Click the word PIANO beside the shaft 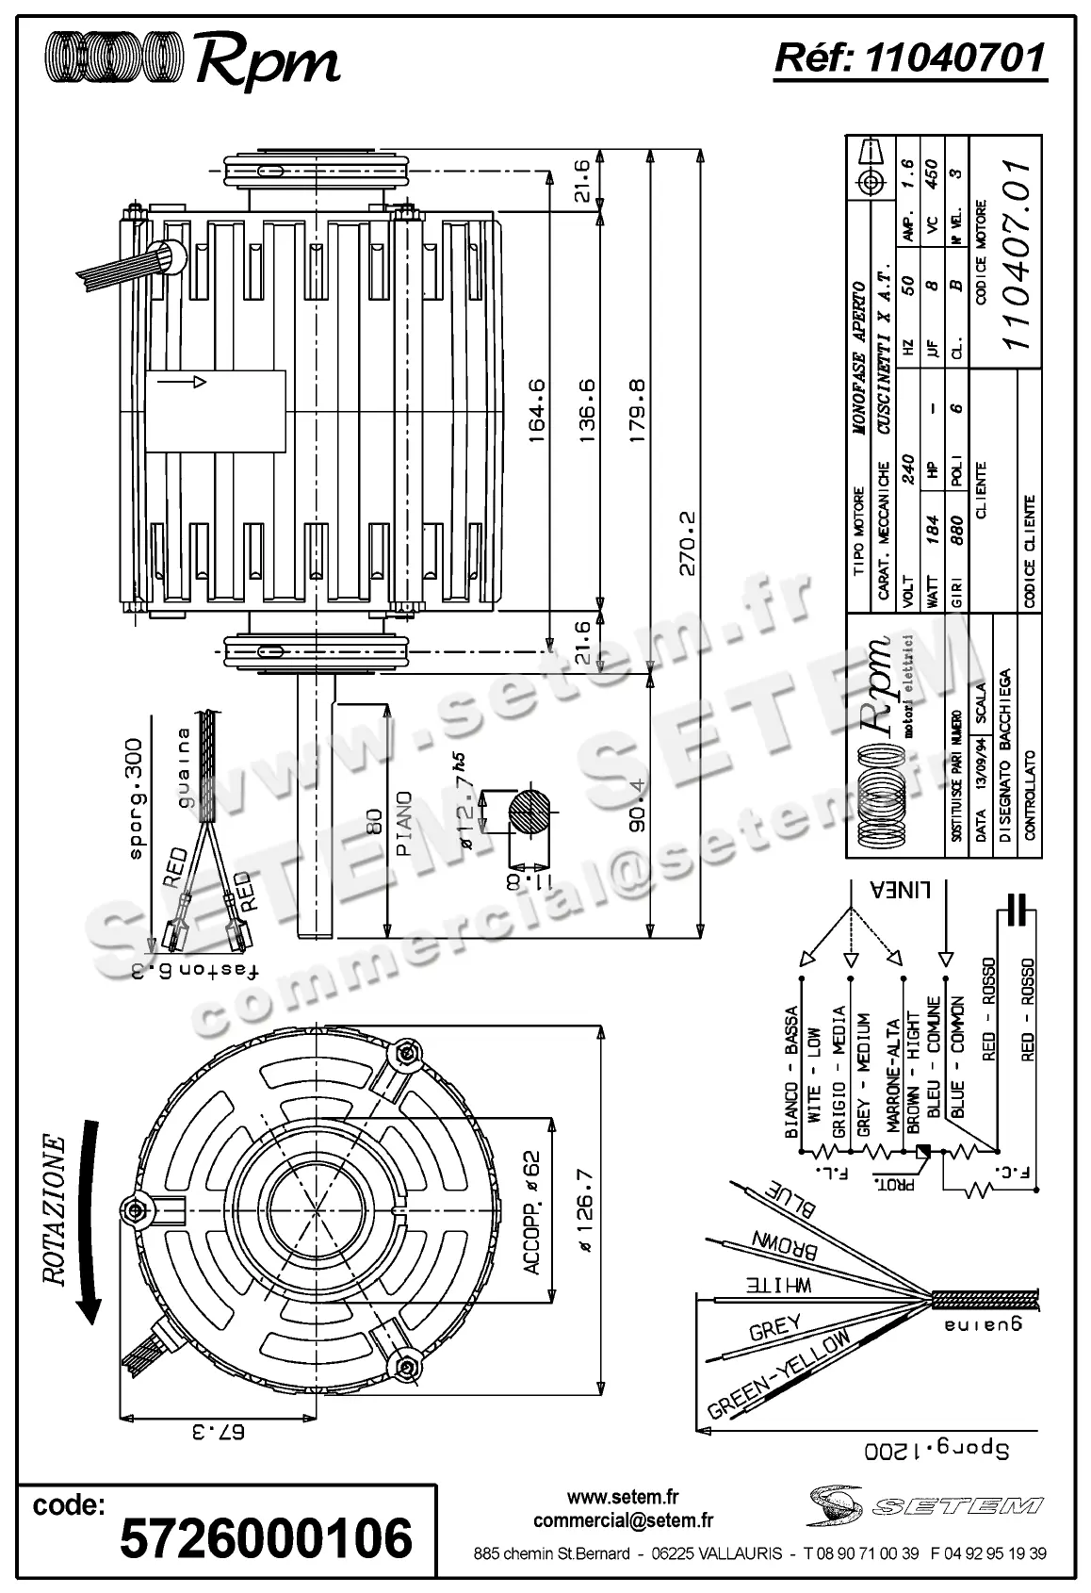[404, 822]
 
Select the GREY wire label [774, 1329]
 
